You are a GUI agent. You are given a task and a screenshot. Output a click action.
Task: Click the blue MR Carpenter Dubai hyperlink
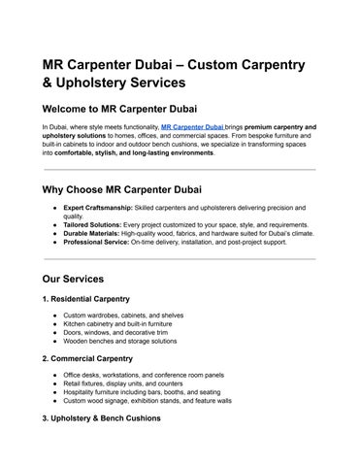coord(193,127)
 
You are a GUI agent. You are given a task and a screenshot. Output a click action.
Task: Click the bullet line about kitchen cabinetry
coord(121,324)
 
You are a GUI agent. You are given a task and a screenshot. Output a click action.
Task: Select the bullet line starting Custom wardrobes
coord(122,316)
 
